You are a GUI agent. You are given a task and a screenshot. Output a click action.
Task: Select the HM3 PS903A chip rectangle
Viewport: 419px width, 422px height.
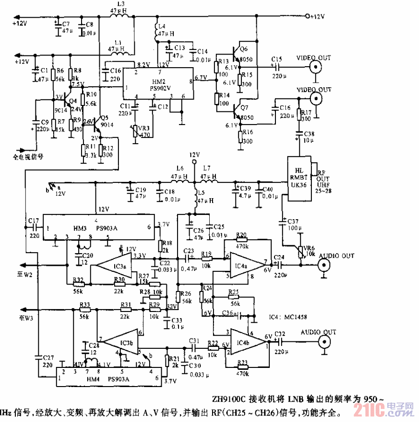tap(98, 228)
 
